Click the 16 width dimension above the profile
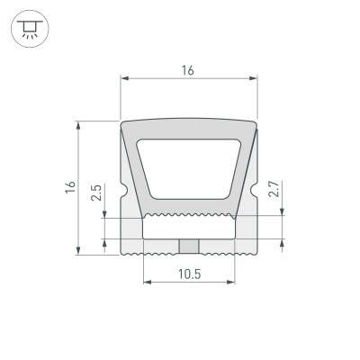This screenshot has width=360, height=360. (189, 70)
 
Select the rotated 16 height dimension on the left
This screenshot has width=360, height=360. (69, 187)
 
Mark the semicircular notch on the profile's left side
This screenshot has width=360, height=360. (122, 192)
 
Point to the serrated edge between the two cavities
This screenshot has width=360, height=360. (189, 217)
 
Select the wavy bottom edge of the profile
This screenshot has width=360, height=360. (189, 256)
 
